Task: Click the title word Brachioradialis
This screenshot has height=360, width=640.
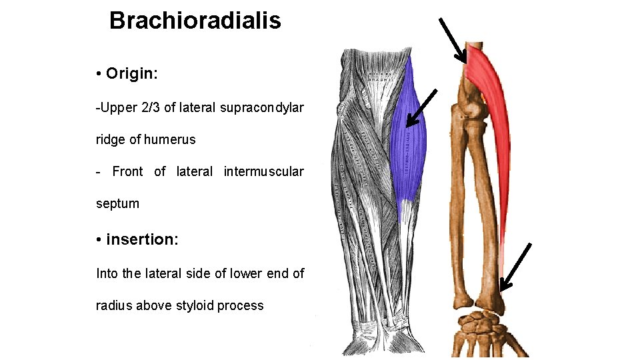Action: pos(195,21)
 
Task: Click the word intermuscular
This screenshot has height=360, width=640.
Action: pos(263,171)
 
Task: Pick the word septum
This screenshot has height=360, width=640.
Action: pos(117,203)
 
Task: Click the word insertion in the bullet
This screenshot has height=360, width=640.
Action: pos(141,239)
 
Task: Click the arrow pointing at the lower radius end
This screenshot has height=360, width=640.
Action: pos(515,267)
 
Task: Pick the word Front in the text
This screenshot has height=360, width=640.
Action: pos(127,171)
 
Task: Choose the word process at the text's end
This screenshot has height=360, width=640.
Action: pos(242,305)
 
